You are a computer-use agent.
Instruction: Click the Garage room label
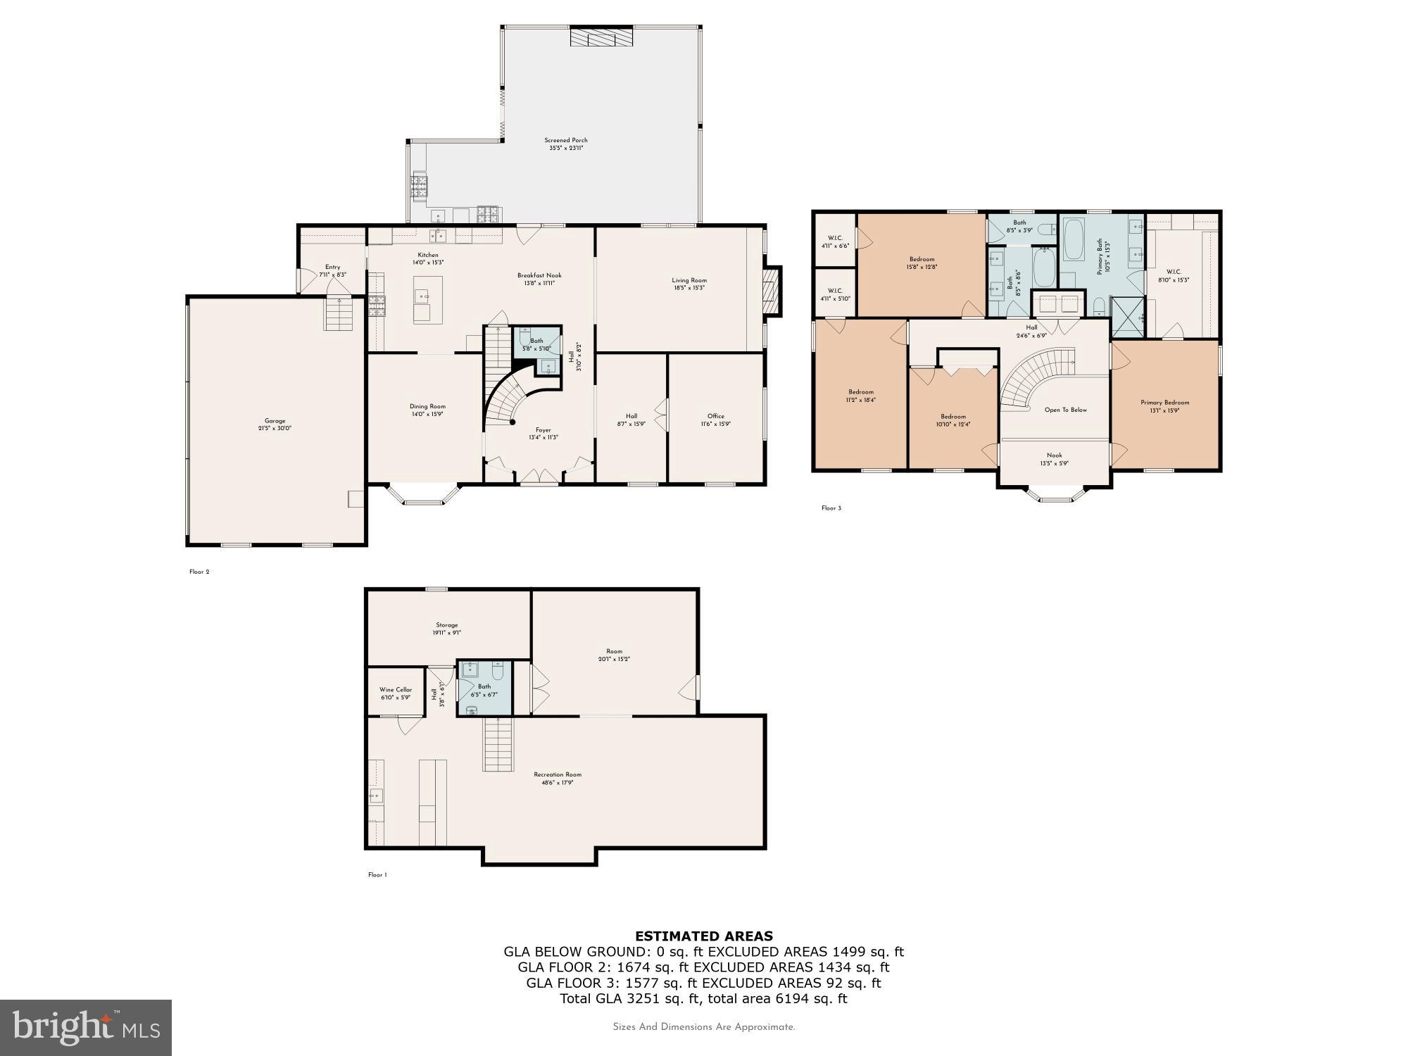pos(275,421)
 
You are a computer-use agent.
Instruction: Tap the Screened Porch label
pos(565,140)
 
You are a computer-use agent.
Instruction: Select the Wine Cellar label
pos(396,690)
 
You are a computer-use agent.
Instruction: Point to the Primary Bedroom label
pos(1164,403)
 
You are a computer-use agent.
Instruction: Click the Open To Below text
pos(1065,410)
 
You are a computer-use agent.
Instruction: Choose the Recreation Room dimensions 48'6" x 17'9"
pos(558,782)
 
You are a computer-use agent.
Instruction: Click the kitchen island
pos(422,305)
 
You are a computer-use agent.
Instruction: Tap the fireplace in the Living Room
pos(772,290)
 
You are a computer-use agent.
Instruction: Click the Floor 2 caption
pos(199,572)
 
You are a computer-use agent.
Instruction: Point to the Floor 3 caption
pos(831,508)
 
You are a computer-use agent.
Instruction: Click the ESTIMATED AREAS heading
pos(703,936)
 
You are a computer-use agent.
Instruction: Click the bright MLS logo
pos(86,1028)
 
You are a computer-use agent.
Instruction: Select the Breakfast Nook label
pos(539,275)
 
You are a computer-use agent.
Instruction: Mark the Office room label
pos(715,416)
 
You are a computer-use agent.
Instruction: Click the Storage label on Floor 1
pos(446,625)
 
